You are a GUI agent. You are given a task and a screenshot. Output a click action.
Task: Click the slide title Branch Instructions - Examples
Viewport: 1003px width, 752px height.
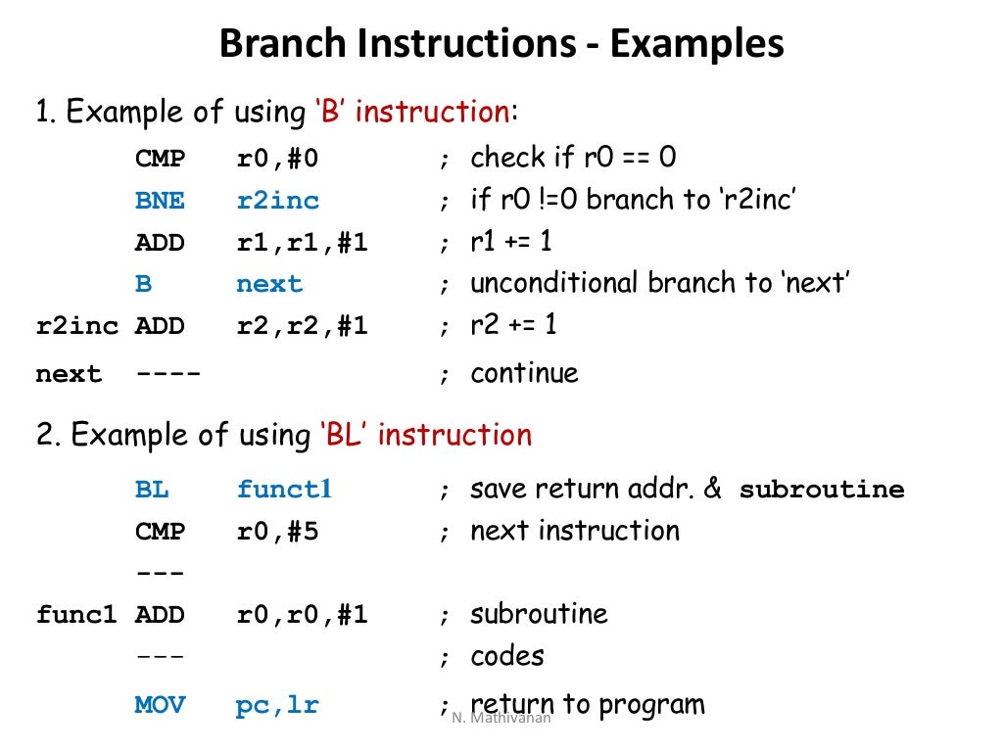[x=501, y=45]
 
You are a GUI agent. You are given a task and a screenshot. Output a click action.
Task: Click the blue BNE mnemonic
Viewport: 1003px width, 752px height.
[x=160, y=201]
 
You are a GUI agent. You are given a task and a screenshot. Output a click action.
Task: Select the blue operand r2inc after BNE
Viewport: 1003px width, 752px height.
[x=278, y=201]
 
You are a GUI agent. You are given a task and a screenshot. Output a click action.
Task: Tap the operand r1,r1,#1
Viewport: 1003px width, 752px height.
[x=303, y=243]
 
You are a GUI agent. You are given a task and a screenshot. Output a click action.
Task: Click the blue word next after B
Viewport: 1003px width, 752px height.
[x=269, y=285]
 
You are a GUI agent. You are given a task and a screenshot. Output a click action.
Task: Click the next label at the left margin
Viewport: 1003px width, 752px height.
[x=69, y=375]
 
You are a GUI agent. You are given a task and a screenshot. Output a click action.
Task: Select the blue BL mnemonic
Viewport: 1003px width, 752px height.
[x=152, y=490]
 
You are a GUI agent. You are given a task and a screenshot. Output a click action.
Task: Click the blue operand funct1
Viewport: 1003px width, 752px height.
[x=285, y=490]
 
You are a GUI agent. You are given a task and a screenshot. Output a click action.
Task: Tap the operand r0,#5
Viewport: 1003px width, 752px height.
[x=278, y=532]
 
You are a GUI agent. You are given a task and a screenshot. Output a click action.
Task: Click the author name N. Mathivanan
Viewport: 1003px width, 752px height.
[x=501, y=718]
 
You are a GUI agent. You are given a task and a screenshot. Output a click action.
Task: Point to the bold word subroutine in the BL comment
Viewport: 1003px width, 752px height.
[x=822, y=490]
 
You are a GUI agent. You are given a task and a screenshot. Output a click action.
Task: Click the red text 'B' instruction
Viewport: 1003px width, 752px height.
[x=411, y=113]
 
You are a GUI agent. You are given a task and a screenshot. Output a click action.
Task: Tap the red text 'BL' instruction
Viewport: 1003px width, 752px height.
[x=425, y=435]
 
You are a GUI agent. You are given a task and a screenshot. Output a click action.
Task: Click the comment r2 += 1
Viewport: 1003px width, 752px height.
[x=513, y=325]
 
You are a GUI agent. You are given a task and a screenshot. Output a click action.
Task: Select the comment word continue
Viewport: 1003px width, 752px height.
[x=524, y=373]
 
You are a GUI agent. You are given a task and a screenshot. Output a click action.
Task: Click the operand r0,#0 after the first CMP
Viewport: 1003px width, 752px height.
[x=278, y=159]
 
